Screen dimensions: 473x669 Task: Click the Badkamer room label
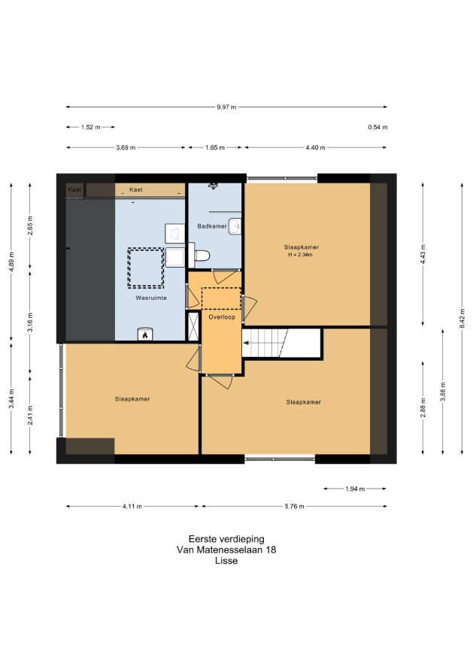pos(212,226)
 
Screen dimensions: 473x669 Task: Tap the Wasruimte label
pos(151,298)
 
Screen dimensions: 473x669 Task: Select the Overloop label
pos(222,317)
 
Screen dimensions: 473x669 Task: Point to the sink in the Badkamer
pos(235,226)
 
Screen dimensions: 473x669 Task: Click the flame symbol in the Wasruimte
pos(145,335)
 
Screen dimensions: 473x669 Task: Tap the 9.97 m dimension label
pos(226,107)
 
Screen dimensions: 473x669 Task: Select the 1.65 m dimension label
pos(215,147)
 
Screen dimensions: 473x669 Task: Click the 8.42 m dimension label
pos(462,318)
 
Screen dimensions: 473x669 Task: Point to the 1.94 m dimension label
pos(355,489)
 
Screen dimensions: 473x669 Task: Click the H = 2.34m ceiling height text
pos(301,255)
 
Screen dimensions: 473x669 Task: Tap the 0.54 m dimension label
pos(377,127)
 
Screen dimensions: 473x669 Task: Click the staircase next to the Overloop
pos(281,343)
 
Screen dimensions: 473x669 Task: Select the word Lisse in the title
pos(226,561)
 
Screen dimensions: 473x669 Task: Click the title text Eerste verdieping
pos(226,539)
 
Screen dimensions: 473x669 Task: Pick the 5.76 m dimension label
pos(295,507)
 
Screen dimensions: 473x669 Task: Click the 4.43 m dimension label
pos(423,254)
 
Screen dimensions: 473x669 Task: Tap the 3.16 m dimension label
pos(30,322)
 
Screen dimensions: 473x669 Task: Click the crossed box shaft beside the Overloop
pos(193,326)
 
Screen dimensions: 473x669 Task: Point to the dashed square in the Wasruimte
pos(146,268)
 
